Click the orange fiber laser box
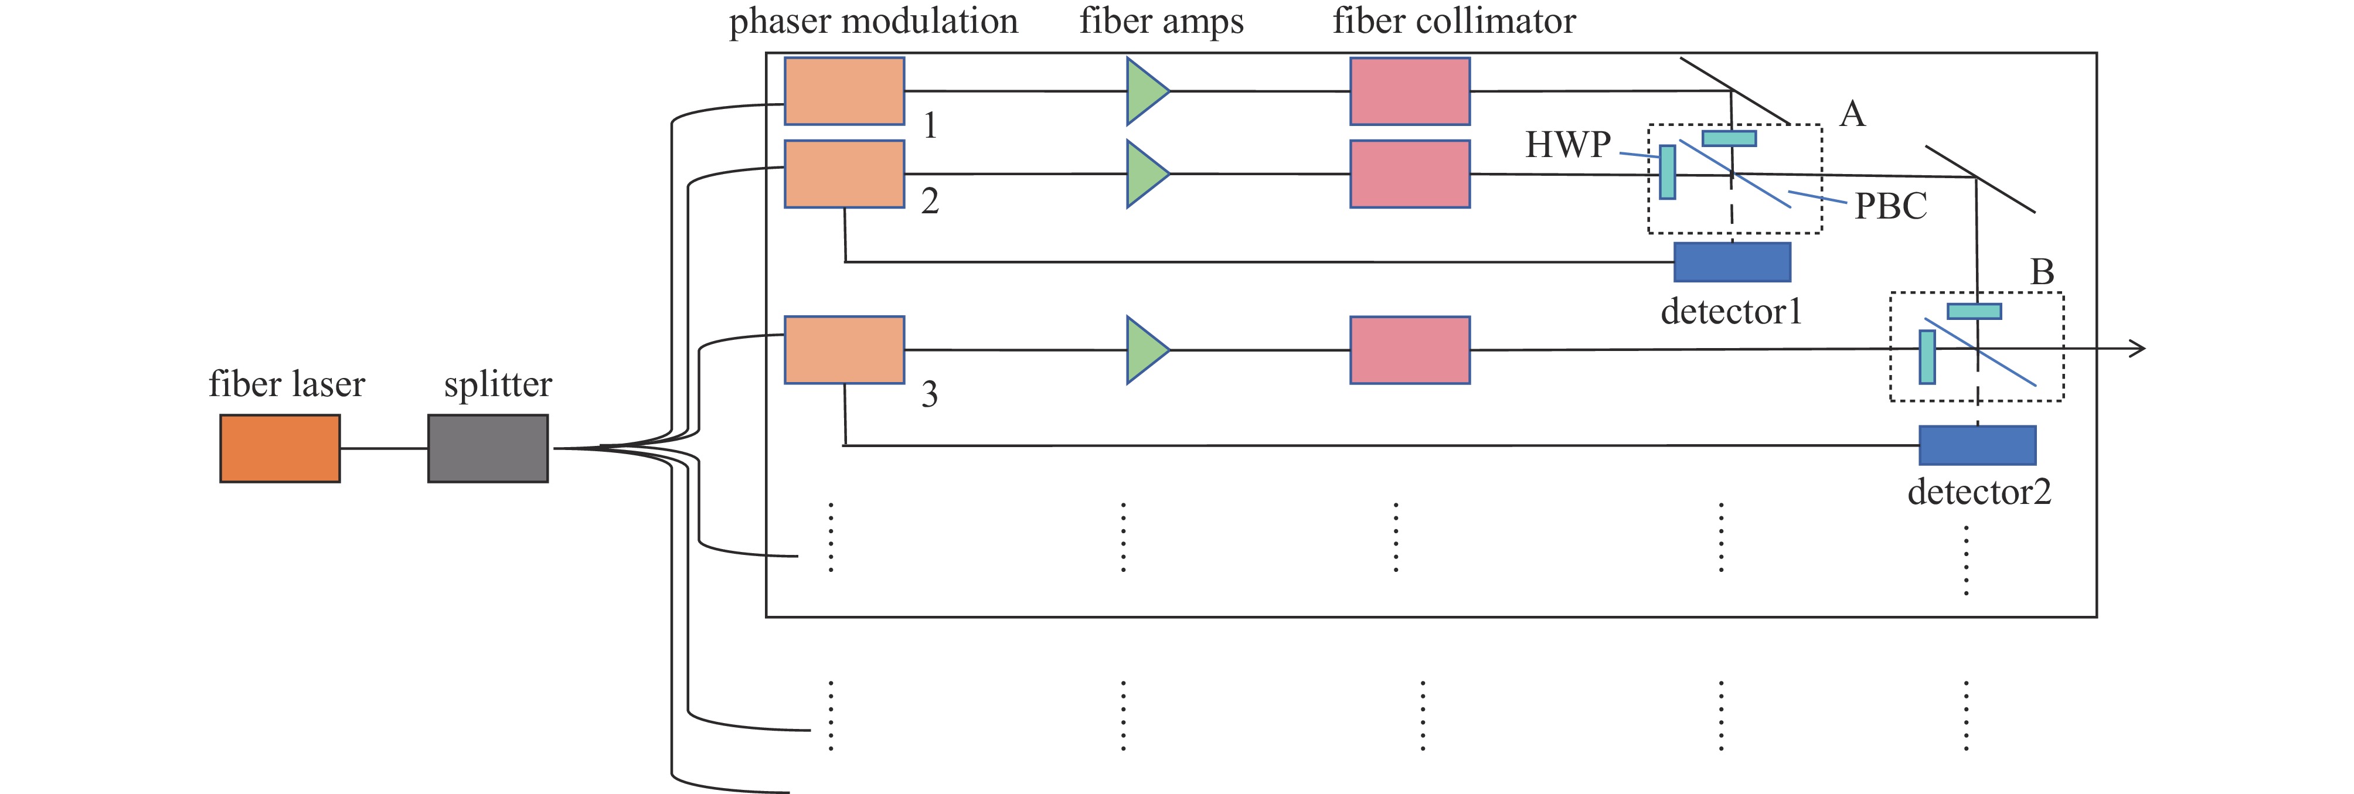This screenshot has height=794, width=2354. [280, 448]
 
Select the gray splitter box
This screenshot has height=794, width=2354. [488, 448]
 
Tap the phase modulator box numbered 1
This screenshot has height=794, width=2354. [845, 90]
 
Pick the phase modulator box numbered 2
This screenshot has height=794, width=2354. [845, 173]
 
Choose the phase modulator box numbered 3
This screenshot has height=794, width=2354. [845, 350]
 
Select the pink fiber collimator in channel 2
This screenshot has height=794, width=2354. [1410, 173]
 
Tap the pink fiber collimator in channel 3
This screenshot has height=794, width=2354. [1410, 350]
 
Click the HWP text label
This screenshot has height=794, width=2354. [1568, 144]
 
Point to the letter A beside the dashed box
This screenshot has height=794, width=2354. [1852, 114]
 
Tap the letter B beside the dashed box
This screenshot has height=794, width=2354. [2042, 271]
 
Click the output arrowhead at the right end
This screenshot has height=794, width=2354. [2138, 348]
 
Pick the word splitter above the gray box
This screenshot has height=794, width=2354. [498, 384]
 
